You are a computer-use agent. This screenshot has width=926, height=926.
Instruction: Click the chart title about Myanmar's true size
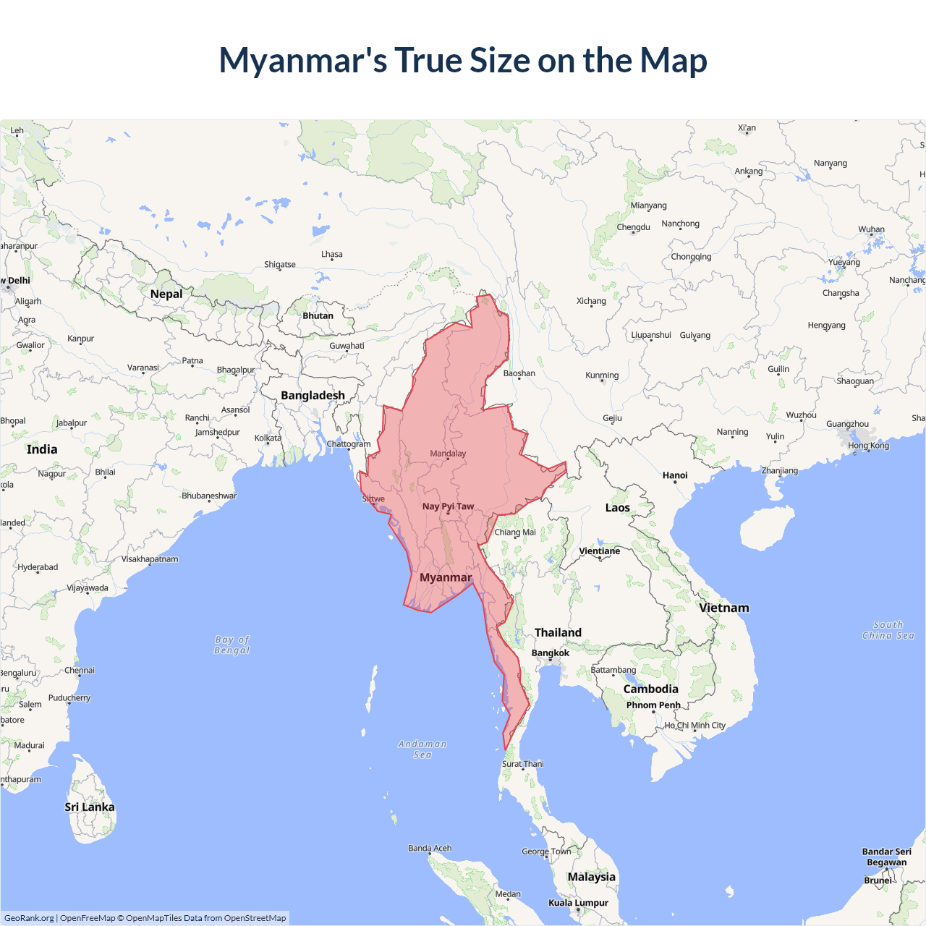pyautogui.click(x=463, y=60)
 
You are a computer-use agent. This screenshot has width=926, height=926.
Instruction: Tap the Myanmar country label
pyautogui.click(x=446, y=577)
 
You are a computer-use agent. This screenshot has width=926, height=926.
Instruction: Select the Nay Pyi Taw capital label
pyautogui.click(x=448, y=506)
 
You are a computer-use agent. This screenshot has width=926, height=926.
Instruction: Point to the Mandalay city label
pyautogui.click(x=448, y=454)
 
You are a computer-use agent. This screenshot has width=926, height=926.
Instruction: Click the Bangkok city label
pyautogui.click(x=551, y=653)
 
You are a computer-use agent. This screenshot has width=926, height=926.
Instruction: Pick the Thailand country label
pyautogui.click(x=558, y=632)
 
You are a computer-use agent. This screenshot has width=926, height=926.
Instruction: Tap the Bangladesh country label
pyautogui.click(x=313, y=395)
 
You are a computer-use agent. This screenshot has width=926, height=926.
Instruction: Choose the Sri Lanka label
pyautogui.click(x=90, y=807)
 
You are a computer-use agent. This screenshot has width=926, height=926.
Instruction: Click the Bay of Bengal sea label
pyautogui.click(x=232, y=645)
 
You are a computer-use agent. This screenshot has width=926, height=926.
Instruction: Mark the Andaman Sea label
pyautogui.click(x=422, y=749)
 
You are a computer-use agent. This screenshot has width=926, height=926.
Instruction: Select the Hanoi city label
pyautogui.click(x=675, y=475)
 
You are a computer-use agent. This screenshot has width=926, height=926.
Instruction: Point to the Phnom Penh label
pyautogui.click(x=653, y=705)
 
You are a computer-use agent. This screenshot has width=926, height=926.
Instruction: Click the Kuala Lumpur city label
pyautogui.click(x=578, y=902)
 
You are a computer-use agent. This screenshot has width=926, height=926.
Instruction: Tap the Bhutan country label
pyautogui.click(x=318, y=315)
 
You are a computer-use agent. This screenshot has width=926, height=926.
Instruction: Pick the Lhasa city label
pyautogui.click(x=332, y=254)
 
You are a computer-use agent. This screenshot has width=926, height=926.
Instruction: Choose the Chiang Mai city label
pyautogui.click(x=515, y=532)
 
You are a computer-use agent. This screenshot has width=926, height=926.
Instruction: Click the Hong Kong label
pyautogui.click(x=869, y=445)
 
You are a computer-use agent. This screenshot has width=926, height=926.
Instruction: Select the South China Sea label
pyautogui.click(x=888, y=630)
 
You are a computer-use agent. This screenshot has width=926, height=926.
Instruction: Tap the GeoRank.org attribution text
pyautogui.click(x=29, y=918)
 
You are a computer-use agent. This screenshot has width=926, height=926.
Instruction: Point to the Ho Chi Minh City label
pyautogui.click(x=695, y=725)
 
